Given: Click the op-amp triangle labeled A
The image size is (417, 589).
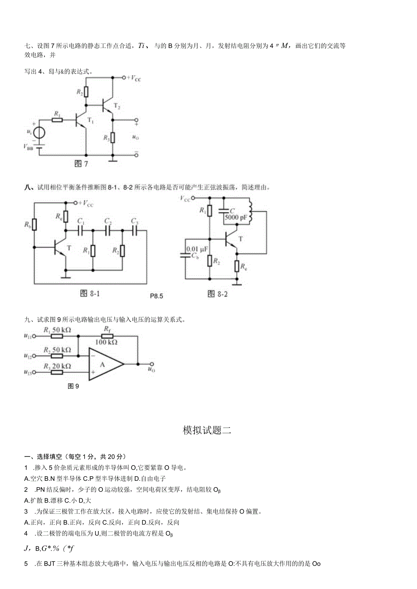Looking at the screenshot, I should coord(104,364).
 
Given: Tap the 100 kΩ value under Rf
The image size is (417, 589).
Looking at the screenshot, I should coord(106,342).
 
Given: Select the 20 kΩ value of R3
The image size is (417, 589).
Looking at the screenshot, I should coord(62,366).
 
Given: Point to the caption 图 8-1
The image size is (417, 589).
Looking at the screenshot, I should coord(90,294).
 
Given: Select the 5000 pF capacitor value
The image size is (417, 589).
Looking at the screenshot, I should coord(236,217).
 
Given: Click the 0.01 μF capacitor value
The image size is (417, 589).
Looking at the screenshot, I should coord(194,249).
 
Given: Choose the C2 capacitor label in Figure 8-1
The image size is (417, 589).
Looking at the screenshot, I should coord(108,221).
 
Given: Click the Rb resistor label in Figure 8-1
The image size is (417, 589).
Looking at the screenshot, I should coord(28,224).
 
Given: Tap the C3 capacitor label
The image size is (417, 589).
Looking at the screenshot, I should coord(135,221).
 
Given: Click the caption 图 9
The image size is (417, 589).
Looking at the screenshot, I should coord(73,386).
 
